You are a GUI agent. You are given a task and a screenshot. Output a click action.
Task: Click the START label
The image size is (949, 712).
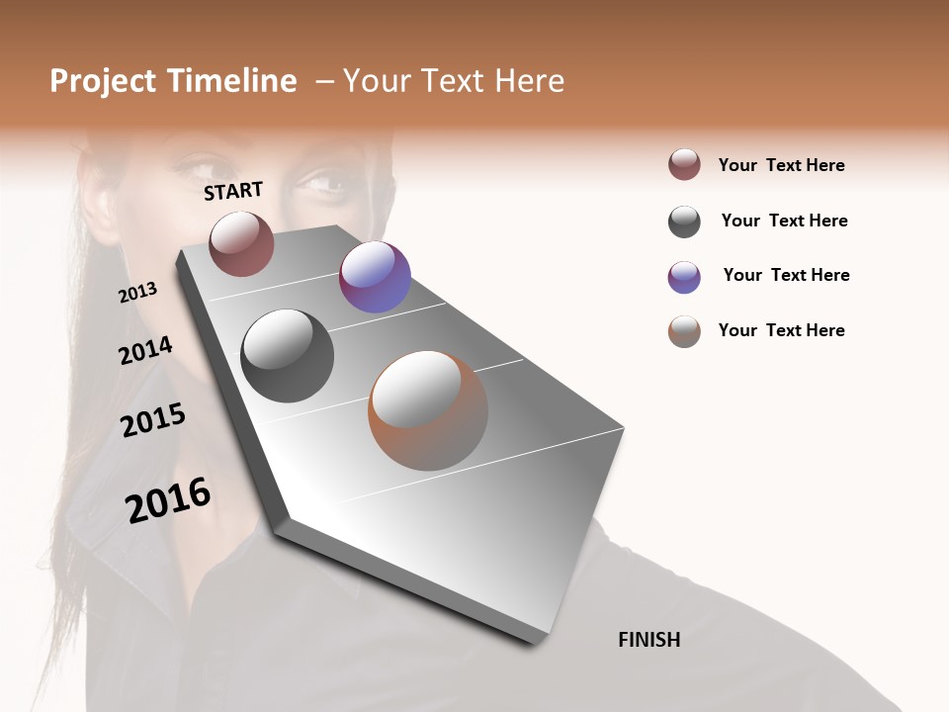click(233, 191)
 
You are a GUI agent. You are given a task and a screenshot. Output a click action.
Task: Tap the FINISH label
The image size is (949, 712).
click(648, 640)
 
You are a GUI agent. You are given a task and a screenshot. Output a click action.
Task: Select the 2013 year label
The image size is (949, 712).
click(137, 293)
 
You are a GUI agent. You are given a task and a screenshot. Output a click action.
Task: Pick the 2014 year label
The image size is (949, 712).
click(145, 350)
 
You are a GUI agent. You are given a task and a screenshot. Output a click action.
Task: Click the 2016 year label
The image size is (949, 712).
click(168, 499)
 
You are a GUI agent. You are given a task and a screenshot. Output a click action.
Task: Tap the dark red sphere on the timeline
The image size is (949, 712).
click(241, 243)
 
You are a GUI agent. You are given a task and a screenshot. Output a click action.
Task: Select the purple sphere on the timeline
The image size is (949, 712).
click(375, 277)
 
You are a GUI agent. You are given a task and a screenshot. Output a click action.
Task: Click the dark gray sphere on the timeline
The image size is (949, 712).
click(288, 356)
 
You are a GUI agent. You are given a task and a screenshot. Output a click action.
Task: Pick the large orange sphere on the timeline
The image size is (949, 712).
click(428, 410)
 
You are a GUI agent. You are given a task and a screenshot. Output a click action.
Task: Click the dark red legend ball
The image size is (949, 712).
click(684, 165)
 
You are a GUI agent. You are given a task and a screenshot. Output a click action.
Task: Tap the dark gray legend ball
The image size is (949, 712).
click(684, 222)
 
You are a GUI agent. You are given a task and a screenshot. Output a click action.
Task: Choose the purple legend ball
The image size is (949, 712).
click(684, 277)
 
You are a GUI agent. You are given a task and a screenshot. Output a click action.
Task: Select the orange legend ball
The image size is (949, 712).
click(684, 331)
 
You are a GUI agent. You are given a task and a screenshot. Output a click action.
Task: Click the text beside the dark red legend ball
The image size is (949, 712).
click(781, 165)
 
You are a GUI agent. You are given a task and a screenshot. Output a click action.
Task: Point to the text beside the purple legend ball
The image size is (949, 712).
click(786, 275)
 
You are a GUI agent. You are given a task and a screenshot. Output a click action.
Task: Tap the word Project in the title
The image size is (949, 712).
click(104, 81)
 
